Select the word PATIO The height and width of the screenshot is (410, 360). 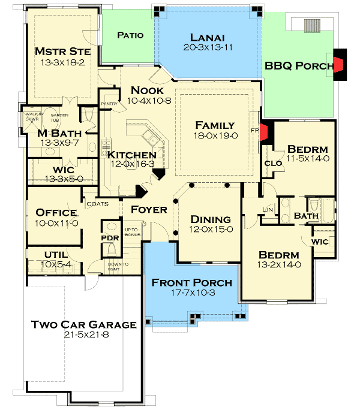[130, 35]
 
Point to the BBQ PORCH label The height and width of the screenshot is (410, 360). [298, 67]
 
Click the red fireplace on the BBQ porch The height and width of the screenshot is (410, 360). [340, 64]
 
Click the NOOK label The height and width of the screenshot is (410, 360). [146, 90]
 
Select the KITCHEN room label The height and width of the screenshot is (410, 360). [132, 155]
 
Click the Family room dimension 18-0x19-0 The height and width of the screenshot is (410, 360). [215, 136]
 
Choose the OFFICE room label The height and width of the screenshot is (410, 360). [56, 213]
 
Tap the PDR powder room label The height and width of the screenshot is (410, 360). [110, 237]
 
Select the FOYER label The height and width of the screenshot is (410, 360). [149, 210]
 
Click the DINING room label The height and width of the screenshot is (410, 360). [211, 219]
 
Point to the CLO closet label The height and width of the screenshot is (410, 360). [270, 162]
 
